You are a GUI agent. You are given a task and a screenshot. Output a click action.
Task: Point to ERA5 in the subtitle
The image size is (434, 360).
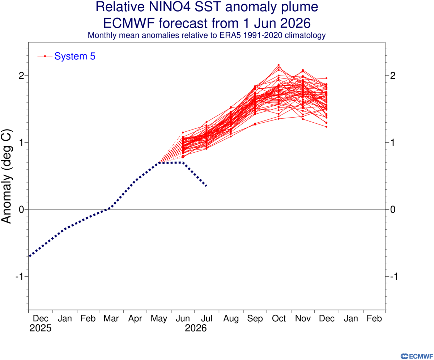point(230,35)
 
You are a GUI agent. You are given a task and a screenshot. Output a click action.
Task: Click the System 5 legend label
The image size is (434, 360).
point(75,56)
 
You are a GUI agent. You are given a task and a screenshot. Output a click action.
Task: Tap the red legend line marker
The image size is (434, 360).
point(45,56)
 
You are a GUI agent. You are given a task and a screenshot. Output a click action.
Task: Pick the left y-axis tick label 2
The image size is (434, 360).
point(22,76)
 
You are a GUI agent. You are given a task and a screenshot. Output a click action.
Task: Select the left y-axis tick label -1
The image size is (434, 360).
point(20,277)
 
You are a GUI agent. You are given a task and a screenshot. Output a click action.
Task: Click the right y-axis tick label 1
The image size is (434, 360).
point(393,143)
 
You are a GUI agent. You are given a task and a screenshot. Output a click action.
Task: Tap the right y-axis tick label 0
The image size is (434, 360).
point(393,209)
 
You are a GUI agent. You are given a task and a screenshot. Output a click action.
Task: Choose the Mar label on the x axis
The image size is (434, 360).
point(111,318)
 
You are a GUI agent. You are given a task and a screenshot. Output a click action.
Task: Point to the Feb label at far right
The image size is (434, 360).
point(374,318)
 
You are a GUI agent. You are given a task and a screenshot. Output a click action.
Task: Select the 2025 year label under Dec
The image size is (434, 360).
point(40,328)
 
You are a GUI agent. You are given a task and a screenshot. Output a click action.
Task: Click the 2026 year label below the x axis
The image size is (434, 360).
point(196,328)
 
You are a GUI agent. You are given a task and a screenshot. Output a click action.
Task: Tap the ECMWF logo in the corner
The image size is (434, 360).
point(416,356)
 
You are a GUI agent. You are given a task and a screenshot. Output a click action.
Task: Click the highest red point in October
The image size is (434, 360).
point(278,65)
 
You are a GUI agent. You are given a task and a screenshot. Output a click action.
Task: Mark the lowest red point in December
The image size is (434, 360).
point(326,127)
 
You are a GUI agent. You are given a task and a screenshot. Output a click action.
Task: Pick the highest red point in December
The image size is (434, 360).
point(326,78)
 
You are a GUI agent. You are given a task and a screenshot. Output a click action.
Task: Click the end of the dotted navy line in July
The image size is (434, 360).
point(206,186)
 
